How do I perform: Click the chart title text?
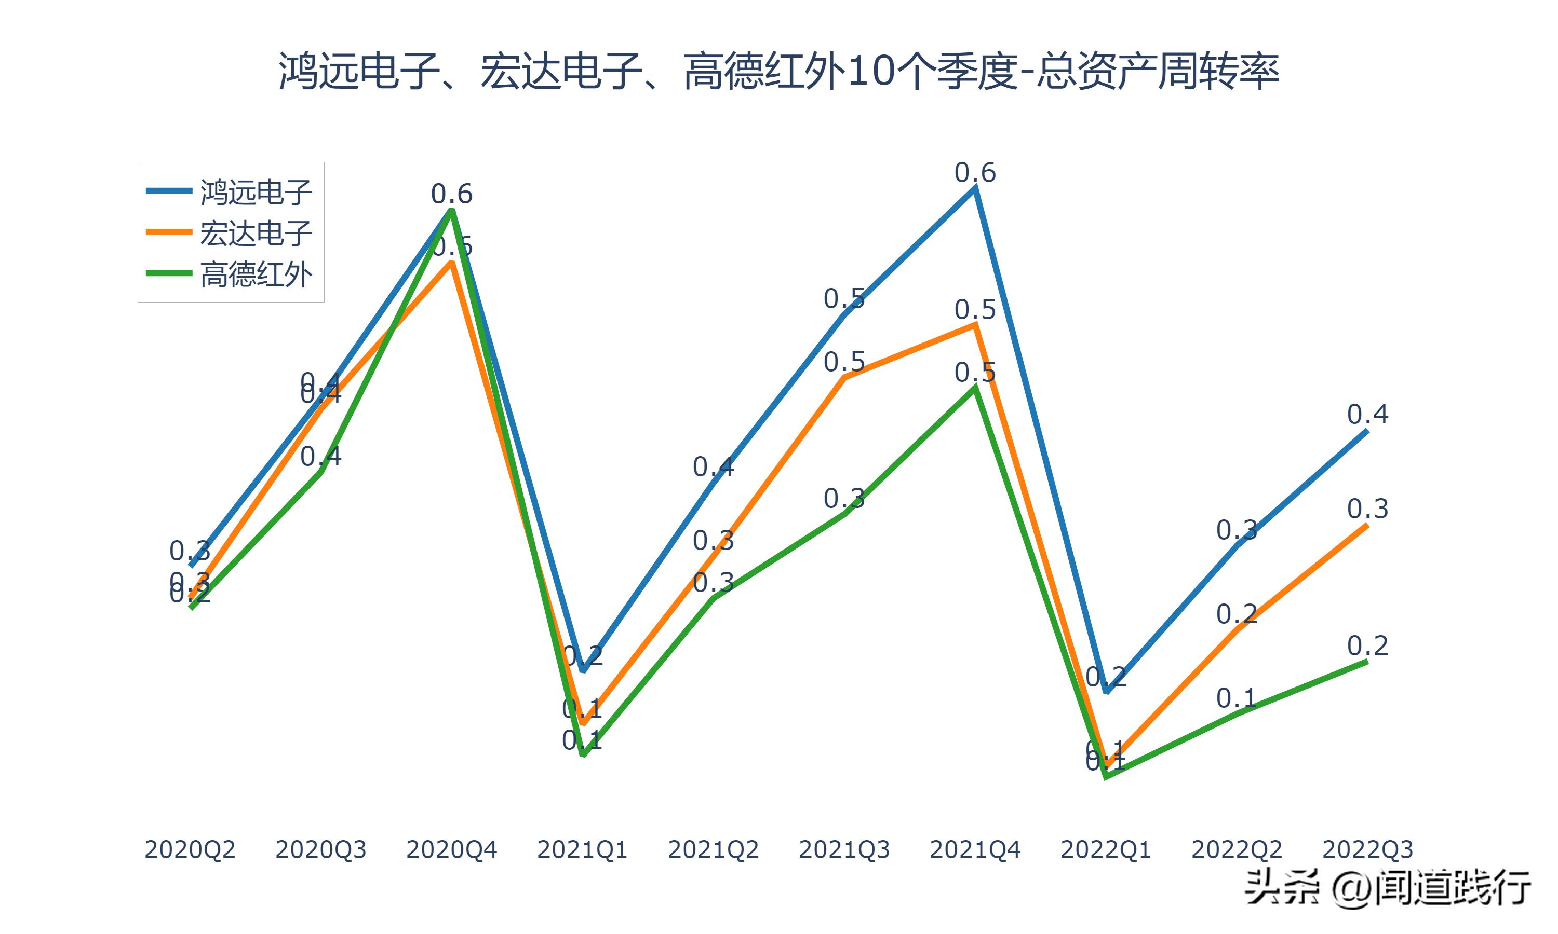point(778,71)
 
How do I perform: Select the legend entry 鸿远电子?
point(256,191)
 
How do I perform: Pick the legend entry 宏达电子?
point(256,233)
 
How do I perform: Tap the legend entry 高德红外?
point(256,274)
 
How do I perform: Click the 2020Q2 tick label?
point(190,849)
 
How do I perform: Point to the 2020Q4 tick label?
point(451,849)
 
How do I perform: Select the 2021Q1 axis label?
point(583,849)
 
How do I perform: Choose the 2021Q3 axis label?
point(844,849)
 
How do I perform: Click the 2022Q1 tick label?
point(1106,849)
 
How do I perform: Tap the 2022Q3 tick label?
point(1367,849)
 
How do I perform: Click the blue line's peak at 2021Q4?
point(975,188)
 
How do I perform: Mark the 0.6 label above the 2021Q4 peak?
point(975,172)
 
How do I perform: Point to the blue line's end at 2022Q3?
point(1367,431)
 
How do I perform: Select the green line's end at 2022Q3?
point(1367,662)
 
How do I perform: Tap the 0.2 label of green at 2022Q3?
point(1367,645)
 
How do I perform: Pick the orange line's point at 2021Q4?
point(975,325)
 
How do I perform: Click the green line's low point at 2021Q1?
point(583,754)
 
